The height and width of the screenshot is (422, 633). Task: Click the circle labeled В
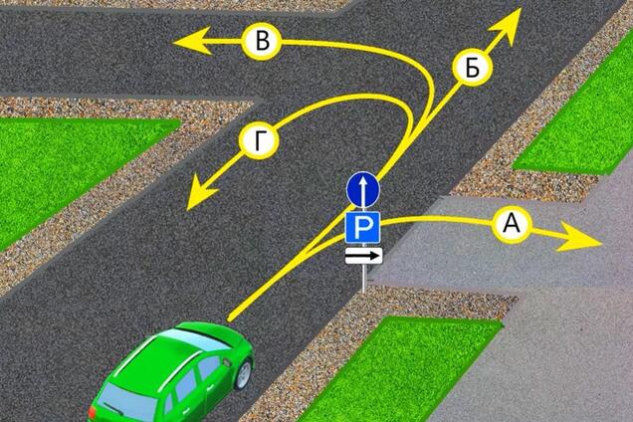[x=262, y=41]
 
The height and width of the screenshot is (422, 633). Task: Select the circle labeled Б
[x=472, y=67]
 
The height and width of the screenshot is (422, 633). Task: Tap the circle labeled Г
[x=259, y=140]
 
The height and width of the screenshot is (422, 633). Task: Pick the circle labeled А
[x=512, y=223]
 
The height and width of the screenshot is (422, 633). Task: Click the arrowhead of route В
[x=194, y=41]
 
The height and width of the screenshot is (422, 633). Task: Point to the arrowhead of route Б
[x=507, y=27]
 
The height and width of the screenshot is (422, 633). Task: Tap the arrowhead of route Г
[x=201, y=192]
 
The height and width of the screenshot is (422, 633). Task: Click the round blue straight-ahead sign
[x=363, y=189]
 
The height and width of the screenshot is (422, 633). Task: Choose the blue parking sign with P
[x=362, y=227]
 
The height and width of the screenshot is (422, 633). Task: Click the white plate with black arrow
[x=363, y=256]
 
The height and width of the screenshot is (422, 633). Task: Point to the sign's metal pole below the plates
[x=363, y=279]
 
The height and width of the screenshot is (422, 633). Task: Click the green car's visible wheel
[x=244, y=374]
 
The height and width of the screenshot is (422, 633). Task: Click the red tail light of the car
[x=93, y=413]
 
